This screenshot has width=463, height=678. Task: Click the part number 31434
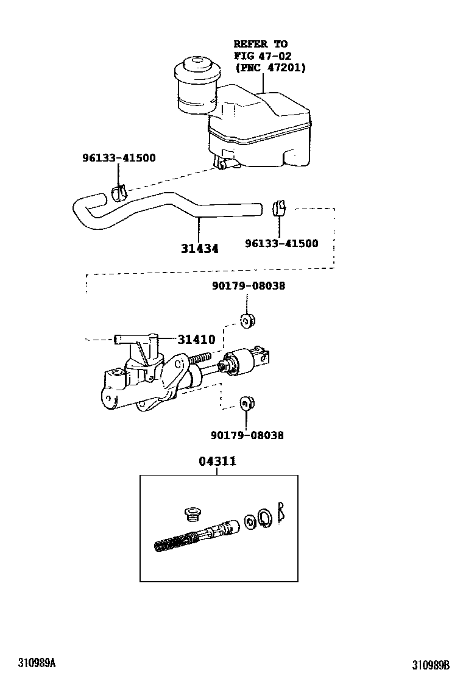click(x=199, y=249)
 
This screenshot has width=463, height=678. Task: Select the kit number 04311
click(x=217, y=462)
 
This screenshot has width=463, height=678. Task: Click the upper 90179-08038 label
click(x=248, y=285)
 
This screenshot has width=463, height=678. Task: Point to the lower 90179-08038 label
click(x=247, y=435)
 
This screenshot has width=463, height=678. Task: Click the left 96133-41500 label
click(x=119, y=158)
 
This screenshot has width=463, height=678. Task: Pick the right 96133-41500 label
click(x=281, y=243)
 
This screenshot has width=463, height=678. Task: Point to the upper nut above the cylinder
click(x=247, y=320)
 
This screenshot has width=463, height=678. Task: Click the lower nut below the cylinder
click(x=247, y=402)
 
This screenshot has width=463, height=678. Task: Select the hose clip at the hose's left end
click(x=119, y=193)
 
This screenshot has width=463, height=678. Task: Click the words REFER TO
click(x=261, y=44)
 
